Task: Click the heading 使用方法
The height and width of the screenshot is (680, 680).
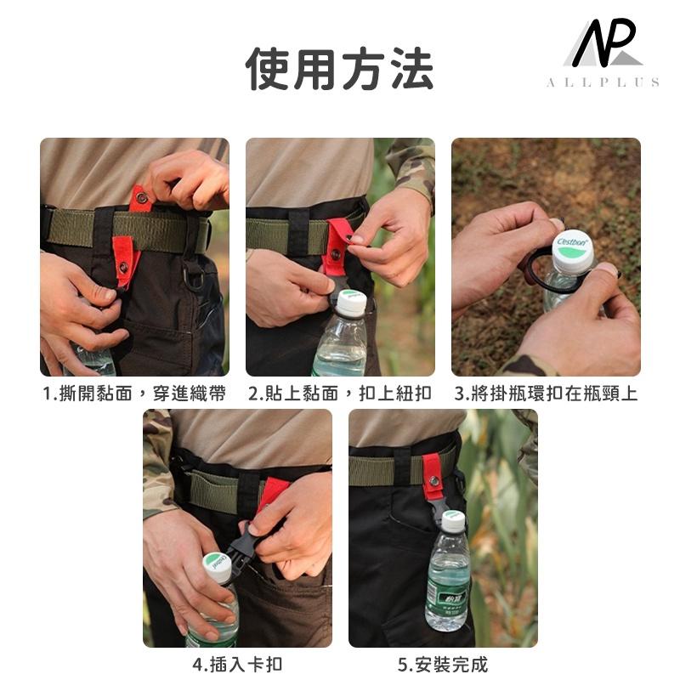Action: (x=339, y=70)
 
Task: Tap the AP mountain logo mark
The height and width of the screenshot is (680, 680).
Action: (x=603, y=43)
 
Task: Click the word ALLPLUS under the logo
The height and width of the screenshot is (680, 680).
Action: (x=603, y=82)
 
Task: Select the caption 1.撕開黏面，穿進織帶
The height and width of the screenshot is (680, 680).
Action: (x=134, y=394)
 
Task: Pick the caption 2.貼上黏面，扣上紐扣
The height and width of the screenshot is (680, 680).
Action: (x=339, y=394)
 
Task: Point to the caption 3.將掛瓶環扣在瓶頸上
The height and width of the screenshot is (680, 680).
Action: (x=546, y=394)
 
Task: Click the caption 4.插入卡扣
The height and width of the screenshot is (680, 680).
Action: (x=237, y=664)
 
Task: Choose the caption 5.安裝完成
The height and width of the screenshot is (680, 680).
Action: (x=443, y=664)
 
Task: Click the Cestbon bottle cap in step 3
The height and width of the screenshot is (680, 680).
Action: (x=573, y=249)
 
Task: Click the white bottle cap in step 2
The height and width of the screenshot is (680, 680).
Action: (x=352, y=303)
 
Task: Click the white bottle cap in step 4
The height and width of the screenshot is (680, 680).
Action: (x=218, y=566)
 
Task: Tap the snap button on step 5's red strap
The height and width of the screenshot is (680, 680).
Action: (x=433, y=480)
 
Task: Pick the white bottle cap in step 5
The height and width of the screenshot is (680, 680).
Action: (x=454, y=521)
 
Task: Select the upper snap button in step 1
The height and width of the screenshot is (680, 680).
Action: (x=141, y=198)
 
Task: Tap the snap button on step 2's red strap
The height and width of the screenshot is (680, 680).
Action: (x=335, y=254)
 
